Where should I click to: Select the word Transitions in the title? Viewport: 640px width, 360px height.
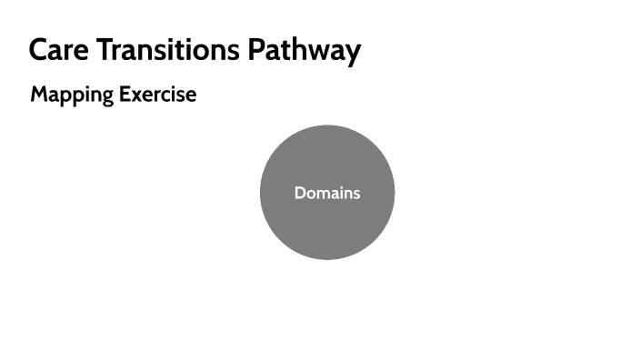[169, 50]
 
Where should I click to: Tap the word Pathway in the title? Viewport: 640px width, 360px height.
[306, 50]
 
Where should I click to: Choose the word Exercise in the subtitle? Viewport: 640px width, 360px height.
[157, 95]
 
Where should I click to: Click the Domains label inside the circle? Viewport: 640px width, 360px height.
[327, 193]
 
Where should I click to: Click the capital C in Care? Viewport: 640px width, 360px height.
[39, 50]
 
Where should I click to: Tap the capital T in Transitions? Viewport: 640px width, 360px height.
[104, 50]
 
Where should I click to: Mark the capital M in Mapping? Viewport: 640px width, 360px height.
[39, 95]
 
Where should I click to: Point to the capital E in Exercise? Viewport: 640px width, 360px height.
[125, 95]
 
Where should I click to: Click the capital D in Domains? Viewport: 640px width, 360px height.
[300, 193]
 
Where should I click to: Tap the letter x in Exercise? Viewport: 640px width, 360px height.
[136, 95]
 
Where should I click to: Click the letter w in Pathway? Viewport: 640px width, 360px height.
[318, 52]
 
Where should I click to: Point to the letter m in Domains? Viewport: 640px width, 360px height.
[323, 194]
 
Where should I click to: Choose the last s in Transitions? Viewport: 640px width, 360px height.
[234, 52]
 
